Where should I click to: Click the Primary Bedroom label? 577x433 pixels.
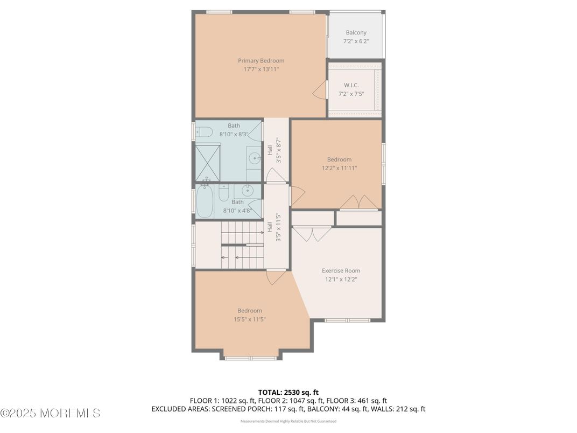[261, 61]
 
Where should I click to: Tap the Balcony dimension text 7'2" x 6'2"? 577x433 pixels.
[356, 41]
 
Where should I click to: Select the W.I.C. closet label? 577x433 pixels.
[351, 86]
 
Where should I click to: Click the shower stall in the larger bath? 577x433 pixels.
[208, 163]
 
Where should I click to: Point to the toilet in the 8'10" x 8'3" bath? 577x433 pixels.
[204, 132]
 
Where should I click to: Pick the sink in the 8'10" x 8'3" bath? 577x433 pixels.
[254, 158]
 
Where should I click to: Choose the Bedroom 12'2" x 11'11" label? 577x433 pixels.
[339, 164]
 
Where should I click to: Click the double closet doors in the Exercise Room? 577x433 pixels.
[312, 233]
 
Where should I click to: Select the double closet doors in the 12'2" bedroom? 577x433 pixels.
[359, 202]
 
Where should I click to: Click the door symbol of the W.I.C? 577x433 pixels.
[320, 90]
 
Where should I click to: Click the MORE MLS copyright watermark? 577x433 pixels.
[50, 414]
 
